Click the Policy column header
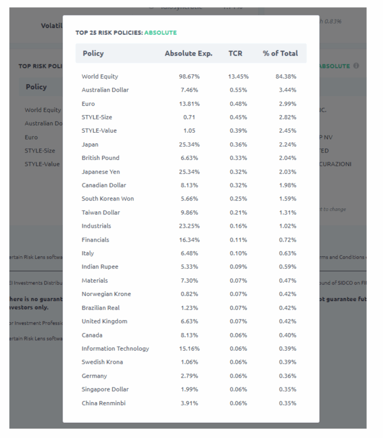(x=93, y=53)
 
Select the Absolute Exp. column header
(x=188, y=53)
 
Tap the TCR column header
(x=235, y=53)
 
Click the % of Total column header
(x=280, y=53)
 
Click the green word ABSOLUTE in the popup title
(x=160, y=33)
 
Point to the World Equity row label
(x=100, y=77)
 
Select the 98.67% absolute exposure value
(x=189, y=77)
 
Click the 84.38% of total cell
(x=286, y=77)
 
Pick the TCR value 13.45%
(x=238, y=77)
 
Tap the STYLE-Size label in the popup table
(x=97, y=117)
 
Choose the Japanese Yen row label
(x=101, y=172)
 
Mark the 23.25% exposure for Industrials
(x=189, y=226)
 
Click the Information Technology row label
(x=115, y=349)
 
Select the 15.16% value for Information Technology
(x=189, y=349)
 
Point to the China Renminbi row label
(x=104, y=403)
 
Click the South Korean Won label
(x=107, y=199)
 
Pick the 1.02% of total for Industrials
(x=288, y=226)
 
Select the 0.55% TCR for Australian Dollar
(x=238, y=90)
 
